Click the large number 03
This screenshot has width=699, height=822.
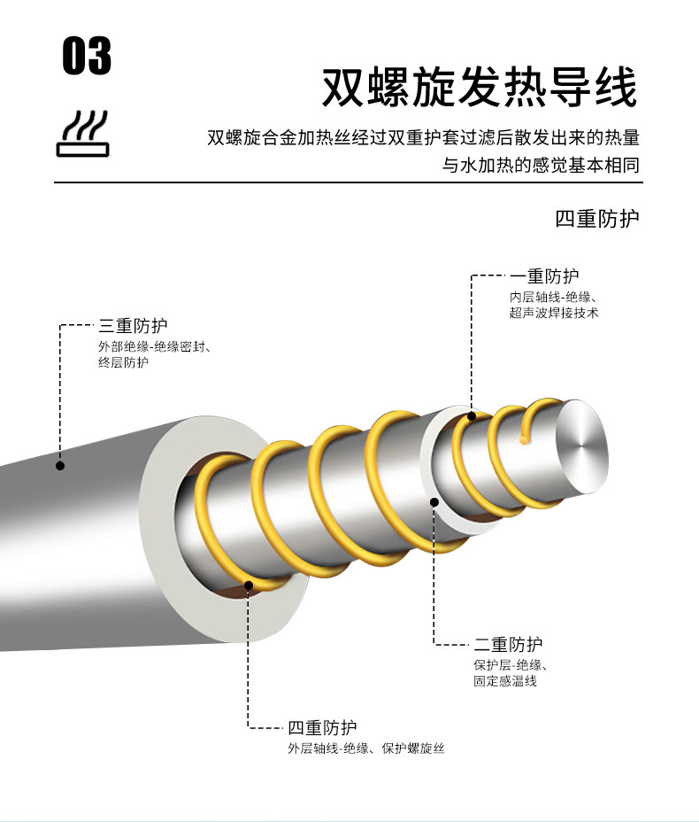(x=87, y=56)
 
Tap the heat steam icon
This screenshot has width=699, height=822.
(x=82, y=135)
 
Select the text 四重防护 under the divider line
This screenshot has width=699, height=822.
(x=596, y=219)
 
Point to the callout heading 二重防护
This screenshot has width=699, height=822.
(x=508, y=645)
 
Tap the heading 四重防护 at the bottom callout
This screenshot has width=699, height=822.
(x=322, y=728)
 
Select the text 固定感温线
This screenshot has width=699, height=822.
(x=504, y=681)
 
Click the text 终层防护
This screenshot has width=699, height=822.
(x=123, y=362)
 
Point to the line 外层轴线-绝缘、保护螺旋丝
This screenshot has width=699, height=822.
(x=365, y=749)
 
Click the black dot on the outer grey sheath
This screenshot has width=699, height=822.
(x=60, y=465)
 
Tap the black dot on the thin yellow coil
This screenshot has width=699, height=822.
(x=472, y=416)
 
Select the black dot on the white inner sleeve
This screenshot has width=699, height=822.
(x=434, y=502)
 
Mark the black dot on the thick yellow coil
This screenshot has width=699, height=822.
(x=248, y=585)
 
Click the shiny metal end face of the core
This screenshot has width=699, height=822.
(x=582, y=447)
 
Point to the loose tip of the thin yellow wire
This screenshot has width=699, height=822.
(x=526, y=436)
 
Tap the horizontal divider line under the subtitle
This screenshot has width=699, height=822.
(x=349, y=183)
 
